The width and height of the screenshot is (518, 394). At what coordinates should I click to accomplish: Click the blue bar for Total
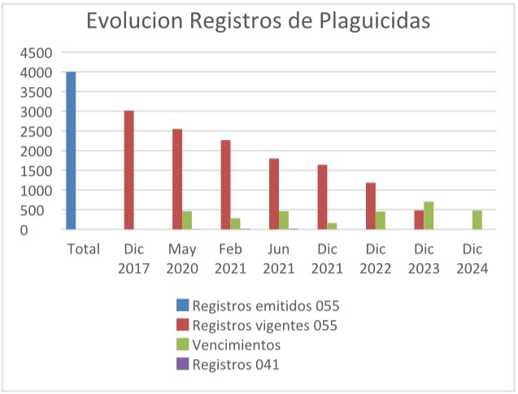pyautogui.click(x=71, y=151)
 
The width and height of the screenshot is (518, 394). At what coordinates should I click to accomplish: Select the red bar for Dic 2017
pyautogui.click(x=128, y=170)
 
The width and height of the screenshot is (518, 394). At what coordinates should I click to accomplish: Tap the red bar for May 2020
pyautogui.click(x=177, y=179)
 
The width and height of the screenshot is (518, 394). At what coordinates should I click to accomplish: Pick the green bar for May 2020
pyautogui.click(x=187, y=221)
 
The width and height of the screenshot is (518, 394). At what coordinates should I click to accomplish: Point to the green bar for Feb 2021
pyautogui.click(x=235, y=224)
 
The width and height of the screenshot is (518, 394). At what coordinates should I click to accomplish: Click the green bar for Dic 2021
pyautogui.click(x=332, y=226)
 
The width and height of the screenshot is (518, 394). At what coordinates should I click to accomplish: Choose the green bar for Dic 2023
pyautogui.click(x=429, y=216)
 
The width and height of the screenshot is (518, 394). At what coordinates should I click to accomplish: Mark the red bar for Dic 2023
pyautogui.click(x=419, y=220)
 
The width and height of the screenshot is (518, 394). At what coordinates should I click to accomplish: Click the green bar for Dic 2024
pyautogui.click(x=477, y=220)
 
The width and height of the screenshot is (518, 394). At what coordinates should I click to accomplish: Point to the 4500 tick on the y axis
pyautogui.click(x=36, y=53)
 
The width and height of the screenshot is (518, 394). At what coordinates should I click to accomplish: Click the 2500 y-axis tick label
pyautogui.click(x=36, y=132)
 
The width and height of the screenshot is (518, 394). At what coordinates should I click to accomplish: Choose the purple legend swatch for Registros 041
pyautogui.click(x=182, y=365)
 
